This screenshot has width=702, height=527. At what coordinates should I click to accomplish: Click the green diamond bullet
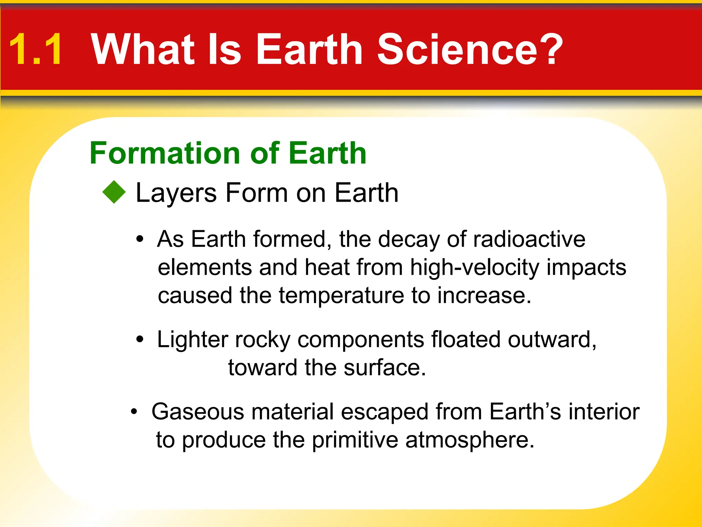(114, 192)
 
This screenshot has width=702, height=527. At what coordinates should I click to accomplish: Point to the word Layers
(176, 193)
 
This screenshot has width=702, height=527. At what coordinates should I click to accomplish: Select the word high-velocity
(475, 267)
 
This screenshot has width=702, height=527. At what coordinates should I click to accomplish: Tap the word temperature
(341, 295)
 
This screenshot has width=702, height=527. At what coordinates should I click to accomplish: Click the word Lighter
(192, 340)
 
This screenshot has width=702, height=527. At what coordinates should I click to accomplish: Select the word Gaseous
(198, 411)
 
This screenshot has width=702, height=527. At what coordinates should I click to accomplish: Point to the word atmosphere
(470, 440)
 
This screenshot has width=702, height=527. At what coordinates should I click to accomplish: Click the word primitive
(355, 440)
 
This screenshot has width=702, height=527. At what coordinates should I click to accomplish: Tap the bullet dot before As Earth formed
(140, 239)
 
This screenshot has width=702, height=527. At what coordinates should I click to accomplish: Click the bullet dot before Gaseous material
(134, 411)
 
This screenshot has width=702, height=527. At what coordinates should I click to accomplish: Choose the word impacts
(586, 267)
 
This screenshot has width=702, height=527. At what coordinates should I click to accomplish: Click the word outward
(552, 340)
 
